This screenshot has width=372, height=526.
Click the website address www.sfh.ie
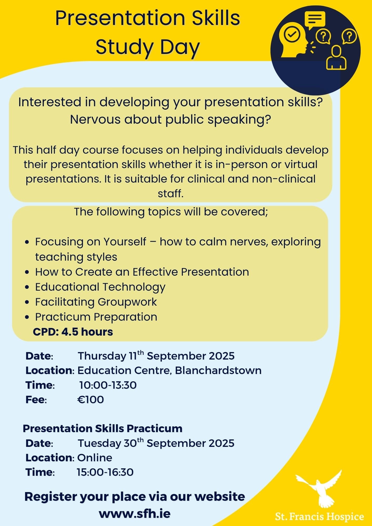tap(135, 514)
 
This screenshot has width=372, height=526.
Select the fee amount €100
tap(91, 399)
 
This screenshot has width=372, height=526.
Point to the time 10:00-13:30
tap(108, 385)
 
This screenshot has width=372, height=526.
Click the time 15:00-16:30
tap(105, 472)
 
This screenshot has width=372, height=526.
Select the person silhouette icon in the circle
tap(336, 58)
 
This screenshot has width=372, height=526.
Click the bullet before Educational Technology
tap(27, 287)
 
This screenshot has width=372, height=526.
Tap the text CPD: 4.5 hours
tap(73, 332)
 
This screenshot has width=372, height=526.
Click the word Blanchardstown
tap(218, 370)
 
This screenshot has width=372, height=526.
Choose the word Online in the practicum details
tap(95, 458)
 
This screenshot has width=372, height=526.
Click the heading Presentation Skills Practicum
tap(103, 428)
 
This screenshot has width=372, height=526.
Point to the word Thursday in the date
tap(102, 356)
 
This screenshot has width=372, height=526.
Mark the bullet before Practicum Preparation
tap(27, 317)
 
